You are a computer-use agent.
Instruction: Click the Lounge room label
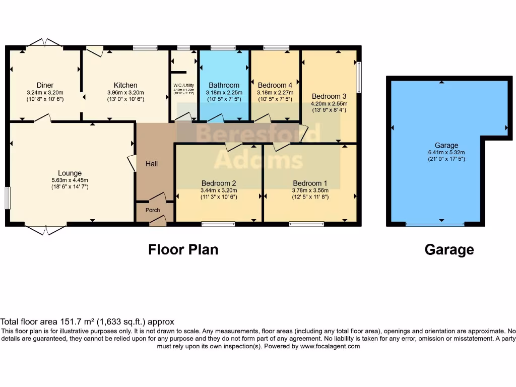[x=70, y=173]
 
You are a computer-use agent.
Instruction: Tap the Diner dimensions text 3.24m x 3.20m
[x=45, y=93]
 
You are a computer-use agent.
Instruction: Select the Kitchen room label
[x=125, y=85]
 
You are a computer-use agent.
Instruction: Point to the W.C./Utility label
[x=184, y=85]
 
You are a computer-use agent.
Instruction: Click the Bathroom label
[x=224, y=85]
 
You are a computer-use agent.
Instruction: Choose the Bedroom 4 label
[x=275, y=85]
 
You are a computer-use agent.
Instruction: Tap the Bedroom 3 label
[x=329, y=96]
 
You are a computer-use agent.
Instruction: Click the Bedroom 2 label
[x=219, y=183]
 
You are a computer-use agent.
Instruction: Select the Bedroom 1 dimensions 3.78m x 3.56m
[x=310, y=190]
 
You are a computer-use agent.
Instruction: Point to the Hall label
[x=152, y=164]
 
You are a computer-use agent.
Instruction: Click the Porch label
[x=153, y=210]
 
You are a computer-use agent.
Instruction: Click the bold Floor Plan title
[x=183, y=249]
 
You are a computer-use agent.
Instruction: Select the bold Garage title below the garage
[x=449, y=249]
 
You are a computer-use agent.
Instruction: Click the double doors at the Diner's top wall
[x=44, y=43]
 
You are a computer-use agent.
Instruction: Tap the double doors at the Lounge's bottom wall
[x=45, y=229]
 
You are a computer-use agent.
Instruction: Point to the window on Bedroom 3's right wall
[x=359, y=77]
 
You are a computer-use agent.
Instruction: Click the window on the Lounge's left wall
[x=8, y=198]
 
